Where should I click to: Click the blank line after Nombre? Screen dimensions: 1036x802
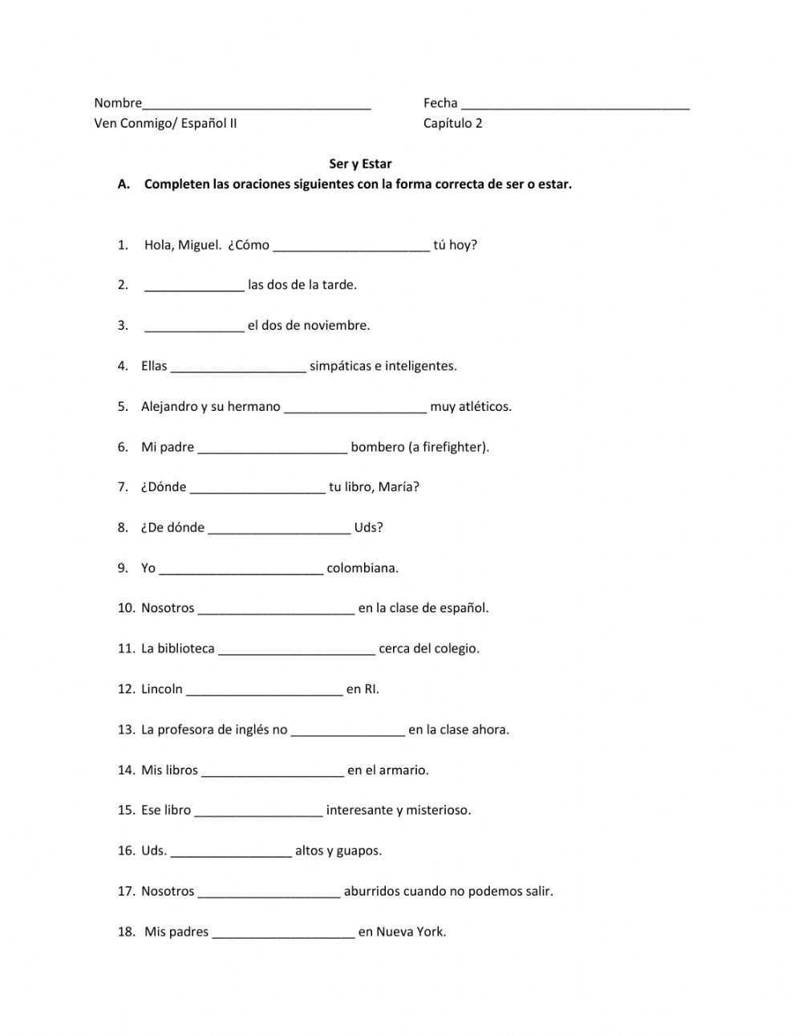point(257,104)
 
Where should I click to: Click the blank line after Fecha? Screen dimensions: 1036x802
point(575,104)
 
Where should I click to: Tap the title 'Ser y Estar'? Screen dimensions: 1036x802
point(360,164)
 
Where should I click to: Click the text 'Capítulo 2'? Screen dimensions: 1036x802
point(453,123)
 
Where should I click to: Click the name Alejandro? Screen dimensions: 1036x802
point(169,406)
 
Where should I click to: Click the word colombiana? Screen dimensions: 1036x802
point(363,567)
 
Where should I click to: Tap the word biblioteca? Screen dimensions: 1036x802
point(186,648)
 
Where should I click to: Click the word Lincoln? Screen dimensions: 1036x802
point(162,689)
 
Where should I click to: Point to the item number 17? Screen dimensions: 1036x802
point(126,891)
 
